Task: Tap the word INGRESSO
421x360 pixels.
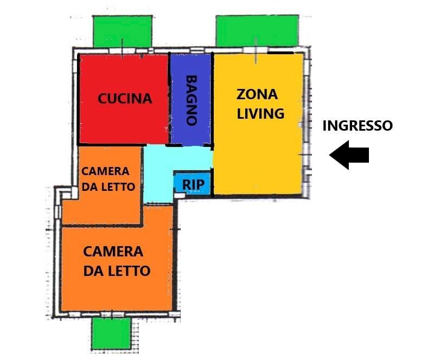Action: (x=358, y=126)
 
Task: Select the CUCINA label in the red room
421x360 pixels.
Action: (x=125, y=99)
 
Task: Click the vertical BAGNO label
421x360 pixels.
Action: (x=191, y=100)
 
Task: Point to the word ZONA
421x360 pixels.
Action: (x=257, y=94)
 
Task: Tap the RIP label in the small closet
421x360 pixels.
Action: (x=193, y=184)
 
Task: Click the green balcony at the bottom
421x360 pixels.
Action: (x=111, y=333)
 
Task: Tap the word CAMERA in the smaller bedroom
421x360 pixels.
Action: (x=105, y=171)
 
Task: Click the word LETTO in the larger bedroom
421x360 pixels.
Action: (x=131, y=271)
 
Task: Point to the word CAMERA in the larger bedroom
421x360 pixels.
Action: (x=113, y=252)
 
